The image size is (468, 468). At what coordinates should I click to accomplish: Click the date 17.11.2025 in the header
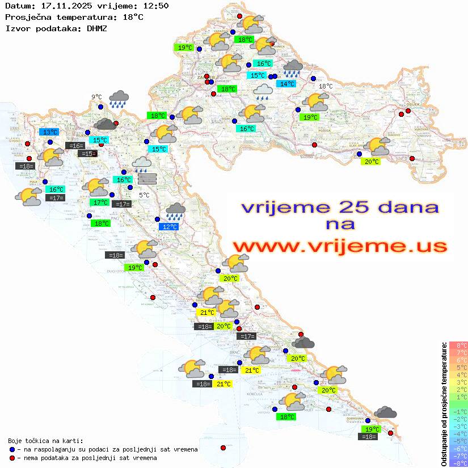(x=63, y=6)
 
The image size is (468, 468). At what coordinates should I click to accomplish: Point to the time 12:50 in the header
(x=155, y=6)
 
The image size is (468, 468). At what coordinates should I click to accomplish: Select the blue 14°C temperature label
(x=286, y=84)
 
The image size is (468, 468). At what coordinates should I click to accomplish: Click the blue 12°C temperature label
(x=168, y=227)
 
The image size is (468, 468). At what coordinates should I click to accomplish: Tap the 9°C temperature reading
(x=96, y=97)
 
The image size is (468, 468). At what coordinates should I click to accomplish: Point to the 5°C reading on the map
(x=144, y=195)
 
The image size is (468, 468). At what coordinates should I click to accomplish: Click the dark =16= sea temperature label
(x=75, y=146)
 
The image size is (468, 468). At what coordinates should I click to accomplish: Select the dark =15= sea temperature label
(x=87, y=154)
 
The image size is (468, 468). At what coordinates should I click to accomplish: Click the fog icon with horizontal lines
(x=147, y=179)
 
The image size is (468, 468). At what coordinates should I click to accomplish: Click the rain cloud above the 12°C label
(x=175, y=212)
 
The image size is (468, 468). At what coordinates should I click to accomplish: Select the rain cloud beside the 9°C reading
(x=119, y=99)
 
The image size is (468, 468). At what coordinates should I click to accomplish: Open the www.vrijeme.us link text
(x=339, y=246)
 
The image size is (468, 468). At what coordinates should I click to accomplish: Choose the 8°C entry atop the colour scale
(x=458, y=345)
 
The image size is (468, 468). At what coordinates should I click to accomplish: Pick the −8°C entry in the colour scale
(x=458, y=463)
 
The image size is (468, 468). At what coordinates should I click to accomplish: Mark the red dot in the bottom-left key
(x=12, y=458)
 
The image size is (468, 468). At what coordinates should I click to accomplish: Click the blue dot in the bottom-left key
(x=12, y=449)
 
